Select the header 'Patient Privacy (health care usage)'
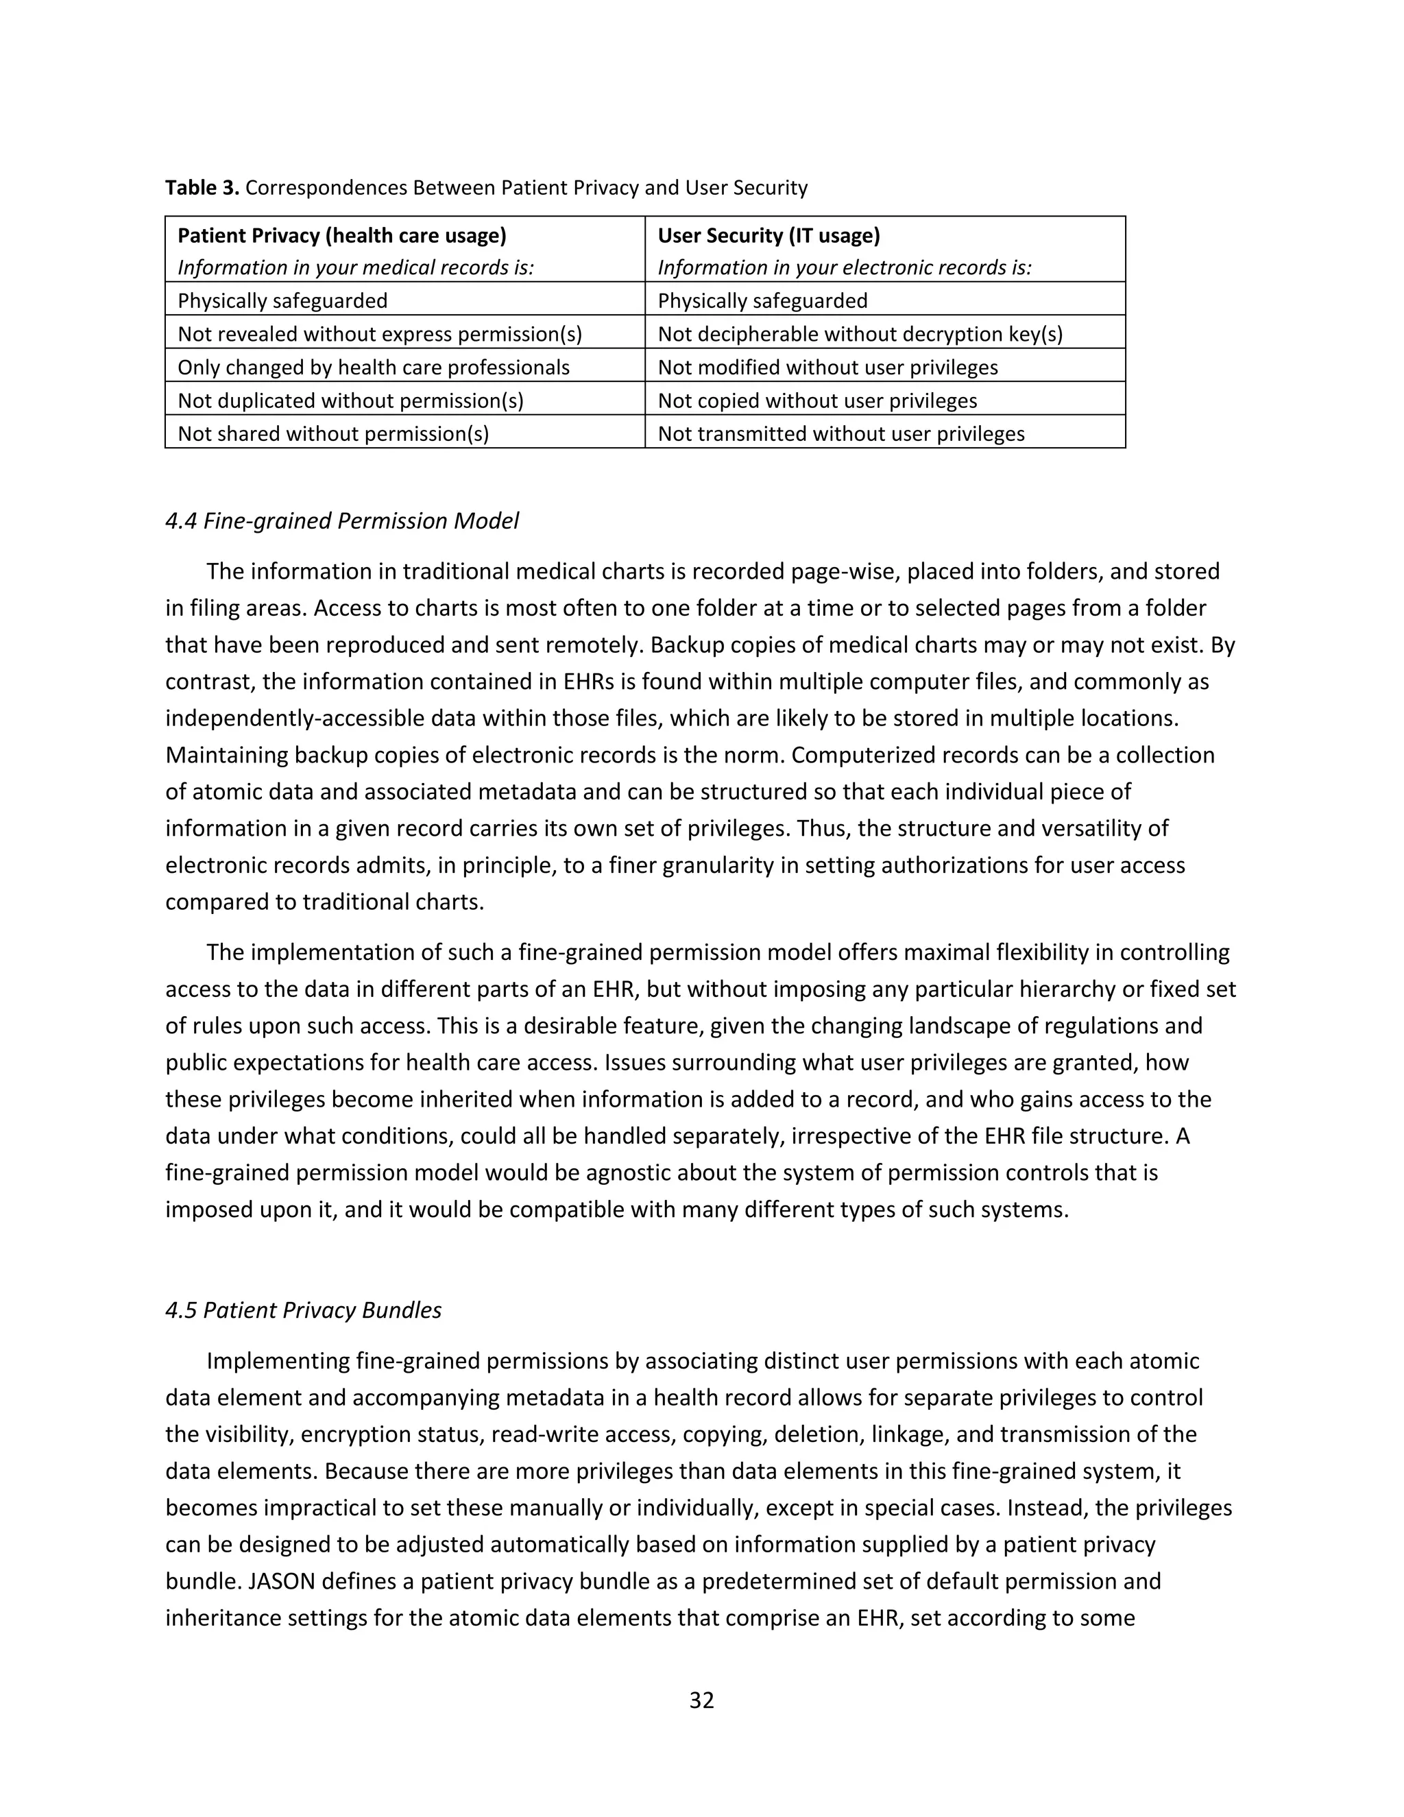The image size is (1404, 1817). (x=342, y=235)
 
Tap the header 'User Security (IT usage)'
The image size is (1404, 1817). (x=768, y=235)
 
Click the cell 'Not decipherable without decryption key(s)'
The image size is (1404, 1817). (x=860, y=335)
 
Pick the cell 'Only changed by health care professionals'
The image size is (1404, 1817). (x=374, y=368)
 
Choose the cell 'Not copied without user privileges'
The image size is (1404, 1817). (x=816, y=401)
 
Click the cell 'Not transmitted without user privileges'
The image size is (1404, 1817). (x=841, y=434)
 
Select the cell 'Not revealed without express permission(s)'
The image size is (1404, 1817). (x=379, y=335)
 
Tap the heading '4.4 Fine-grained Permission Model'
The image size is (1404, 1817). (x=342, y=521)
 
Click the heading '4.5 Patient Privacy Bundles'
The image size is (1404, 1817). (x=304, y=1310)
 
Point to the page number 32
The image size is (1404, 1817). (x=701, y=1700)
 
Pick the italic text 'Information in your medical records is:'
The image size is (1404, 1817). (x=355, y=268)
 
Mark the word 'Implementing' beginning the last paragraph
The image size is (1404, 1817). (x=278, y=1361)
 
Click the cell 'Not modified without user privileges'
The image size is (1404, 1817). (x=827, y=368)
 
